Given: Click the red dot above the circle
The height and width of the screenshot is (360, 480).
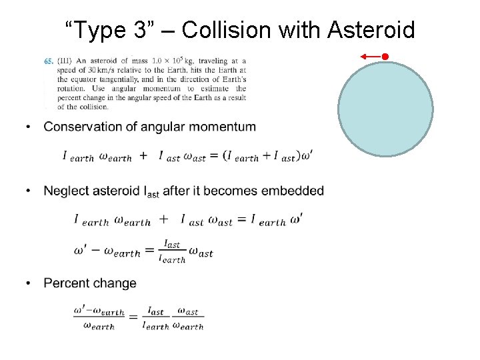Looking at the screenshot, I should click(385, 57).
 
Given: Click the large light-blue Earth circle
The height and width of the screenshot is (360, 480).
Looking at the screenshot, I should click(385, 109).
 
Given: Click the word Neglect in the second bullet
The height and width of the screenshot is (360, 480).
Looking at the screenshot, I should click(65, 191).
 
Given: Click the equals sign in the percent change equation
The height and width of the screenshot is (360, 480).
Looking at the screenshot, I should click(133, 319).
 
